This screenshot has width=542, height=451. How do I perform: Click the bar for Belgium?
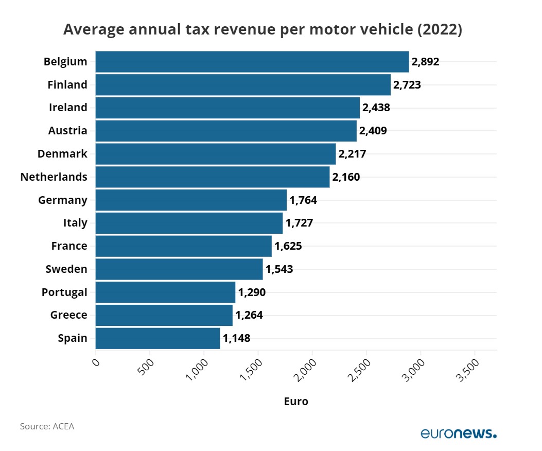[252, 62]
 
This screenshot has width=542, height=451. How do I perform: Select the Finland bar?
[243, 85]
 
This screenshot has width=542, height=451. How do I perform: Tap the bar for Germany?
[191, 200]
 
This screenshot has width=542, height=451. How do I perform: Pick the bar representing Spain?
[158, 338]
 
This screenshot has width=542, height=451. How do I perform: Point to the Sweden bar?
[179, 269]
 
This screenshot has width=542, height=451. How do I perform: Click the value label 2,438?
[376, 108]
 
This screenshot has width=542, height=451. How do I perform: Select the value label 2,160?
[346, 177]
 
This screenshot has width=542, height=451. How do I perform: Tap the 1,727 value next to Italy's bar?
[300, 223]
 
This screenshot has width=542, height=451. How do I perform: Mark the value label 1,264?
[249, 315]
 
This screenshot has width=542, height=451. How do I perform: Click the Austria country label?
[67, 131]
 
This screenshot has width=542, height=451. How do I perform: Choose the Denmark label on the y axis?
[62, 153]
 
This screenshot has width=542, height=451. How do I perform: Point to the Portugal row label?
[64, 292]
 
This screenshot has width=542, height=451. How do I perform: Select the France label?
[69, 246]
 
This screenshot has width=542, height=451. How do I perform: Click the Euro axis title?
[296, 401]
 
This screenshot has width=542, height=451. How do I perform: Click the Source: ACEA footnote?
[47, 426]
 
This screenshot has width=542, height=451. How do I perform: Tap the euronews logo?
[459, 433]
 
